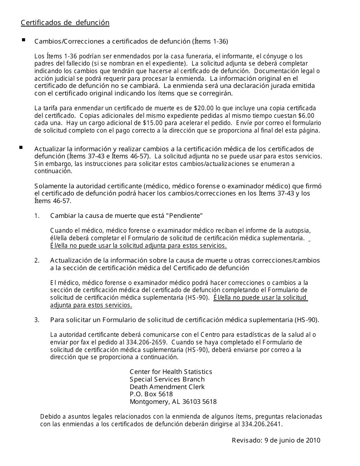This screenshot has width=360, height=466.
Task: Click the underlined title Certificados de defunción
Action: (x=65, y=23)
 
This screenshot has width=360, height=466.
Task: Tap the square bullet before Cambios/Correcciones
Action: (x=23, y=39)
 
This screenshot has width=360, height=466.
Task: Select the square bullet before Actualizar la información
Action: (x=21, y=147)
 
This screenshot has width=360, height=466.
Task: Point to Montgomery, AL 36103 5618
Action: (x=173, y=402)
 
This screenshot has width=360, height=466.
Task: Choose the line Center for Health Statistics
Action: (x=171, y=372)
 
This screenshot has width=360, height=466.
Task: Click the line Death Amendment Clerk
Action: (x=167, y=387)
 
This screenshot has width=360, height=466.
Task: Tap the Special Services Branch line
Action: (x=167, y=379)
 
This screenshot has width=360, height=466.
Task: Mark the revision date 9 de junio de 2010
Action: (x=291, y=440)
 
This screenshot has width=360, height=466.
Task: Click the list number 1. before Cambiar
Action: (x=37, y=216)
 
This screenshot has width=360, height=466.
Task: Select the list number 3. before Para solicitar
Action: (x=37, y=320)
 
